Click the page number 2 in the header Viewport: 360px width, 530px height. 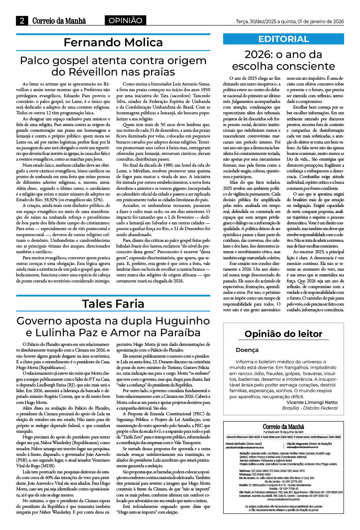[x=22, y=21]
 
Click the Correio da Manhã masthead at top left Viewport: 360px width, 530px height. [x=59, y=21]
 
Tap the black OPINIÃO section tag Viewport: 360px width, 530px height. [x=125, y=21]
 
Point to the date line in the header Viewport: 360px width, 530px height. [x=290, y=22]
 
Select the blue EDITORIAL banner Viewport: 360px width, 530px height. [x=283, y=39]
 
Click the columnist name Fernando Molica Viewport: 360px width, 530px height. [x=113, y=42]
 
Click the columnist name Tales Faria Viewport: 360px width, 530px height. [x=113, y=303]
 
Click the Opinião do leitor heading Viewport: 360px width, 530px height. [x=283, y=334]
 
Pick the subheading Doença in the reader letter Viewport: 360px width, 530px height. [x=247, y=350]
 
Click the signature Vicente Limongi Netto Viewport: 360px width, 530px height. [x=312, y=402]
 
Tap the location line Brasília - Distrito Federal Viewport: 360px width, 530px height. [x=310, y=408]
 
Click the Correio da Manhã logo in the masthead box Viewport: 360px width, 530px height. [x=283, y=427]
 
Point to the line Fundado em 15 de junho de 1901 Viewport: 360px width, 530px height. [x=283, y=432]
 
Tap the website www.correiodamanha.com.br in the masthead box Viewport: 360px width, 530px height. [x=283, y=499]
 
